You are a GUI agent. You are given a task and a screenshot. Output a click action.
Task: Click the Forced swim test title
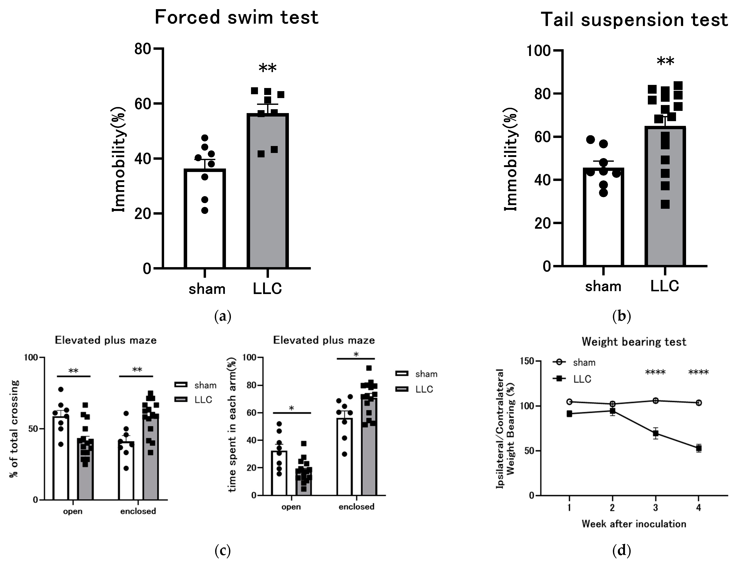(236, 17)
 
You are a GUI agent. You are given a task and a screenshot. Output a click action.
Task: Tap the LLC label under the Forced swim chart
(267, 289)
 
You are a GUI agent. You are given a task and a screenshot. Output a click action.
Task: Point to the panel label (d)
(621, 551)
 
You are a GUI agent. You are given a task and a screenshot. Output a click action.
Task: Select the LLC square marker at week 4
(699, 448)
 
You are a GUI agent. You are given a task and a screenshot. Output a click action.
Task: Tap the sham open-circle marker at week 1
(569, 402)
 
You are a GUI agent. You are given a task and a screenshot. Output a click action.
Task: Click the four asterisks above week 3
(655, 372)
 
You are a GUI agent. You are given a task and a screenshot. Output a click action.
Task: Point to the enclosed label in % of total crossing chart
(138, 511)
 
